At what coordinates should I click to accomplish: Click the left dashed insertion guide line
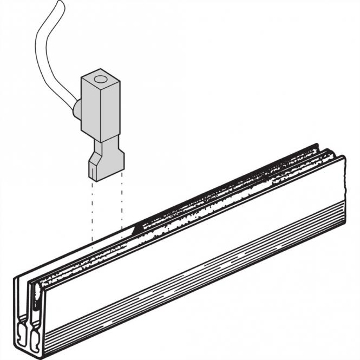(x=92, y=211)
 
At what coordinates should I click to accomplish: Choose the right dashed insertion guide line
(x=122, y=206)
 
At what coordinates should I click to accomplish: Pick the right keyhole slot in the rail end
(x=37, y=331)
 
